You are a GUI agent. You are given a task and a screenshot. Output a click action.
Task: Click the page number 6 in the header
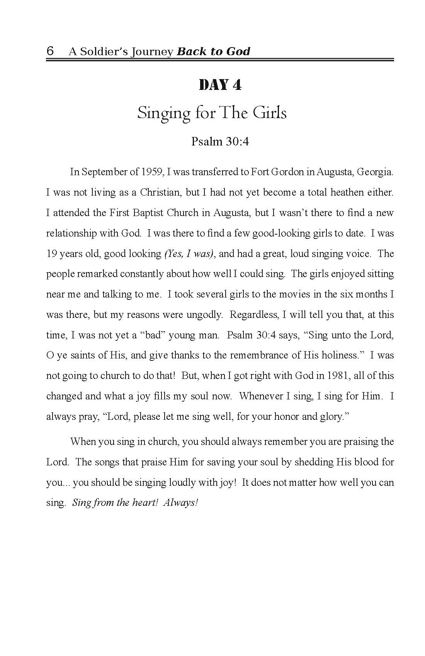pyautogui.click(x=50, y=51)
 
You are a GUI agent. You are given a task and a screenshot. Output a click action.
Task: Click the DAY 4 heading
pyautogui.click(x=220, y=85)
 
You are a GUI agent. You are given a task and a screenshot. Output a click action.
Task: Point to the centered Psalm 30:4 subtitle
pyautogui.click(x=220, y=142)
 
